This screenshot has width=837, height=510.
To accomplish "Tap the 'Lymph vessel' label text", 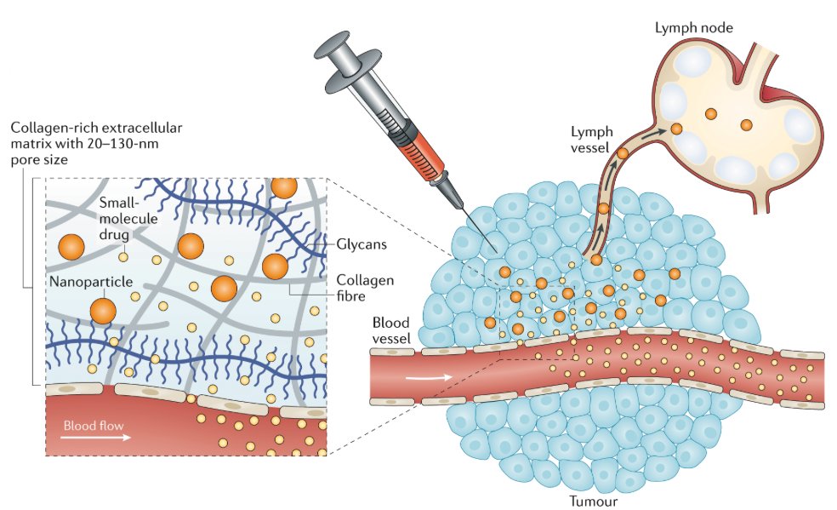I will click(589, 140).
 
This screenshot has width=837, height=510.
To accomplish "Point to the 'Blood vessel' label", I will click(391, 329).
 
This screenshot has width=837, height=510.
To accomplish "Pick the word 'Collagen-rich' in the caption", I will click(51, 128).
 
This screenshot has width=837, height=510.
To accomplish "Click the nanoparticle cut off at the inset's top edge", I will click(285, 186).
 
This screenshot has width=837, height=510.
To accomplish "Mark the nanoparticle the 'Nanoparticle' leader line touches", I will click(102, 311).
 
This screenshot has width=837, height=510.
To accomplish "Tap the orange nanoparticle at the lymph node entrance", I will click(676, 129).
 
